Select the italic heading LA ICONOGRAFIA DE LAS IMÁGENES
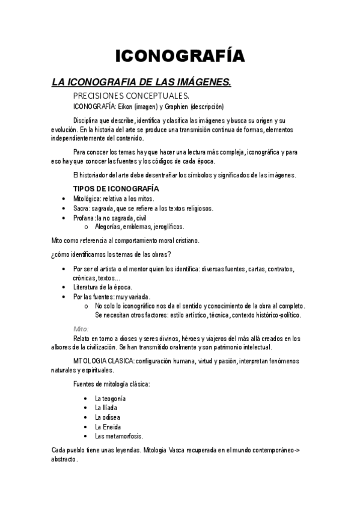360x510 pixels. click(141, 82)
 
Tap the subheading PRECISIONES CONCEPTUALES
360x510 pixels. click(131, 96)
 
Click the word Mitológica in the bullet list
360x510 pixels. click(87, 198)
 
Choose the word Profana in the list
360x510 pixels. click(84, 218)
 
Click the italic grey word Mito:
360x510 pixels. click(81, 329)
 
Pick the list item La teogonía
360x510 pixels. click(110, 399)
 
